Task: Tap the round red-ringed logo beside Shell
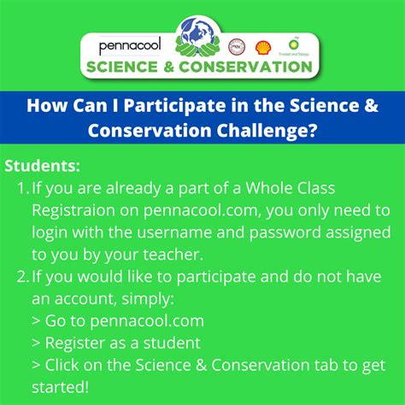[x=240, y=46]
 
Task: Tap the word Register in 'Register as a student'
[x=78, y=343]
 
